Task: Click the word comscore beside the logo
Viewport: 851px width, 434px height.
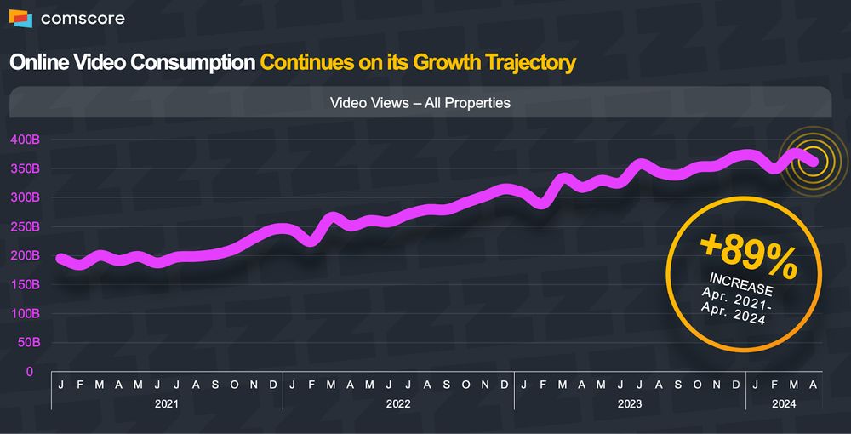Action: [x=75, y=19]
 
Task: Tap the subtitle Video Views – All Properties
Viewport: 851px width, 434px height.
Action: [x=420, y=103]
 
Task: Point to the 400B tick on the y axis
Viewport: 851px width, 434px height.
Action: [x=26, y=140]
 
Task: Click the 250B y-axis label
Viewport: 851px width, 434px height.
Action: [x=26, y=226]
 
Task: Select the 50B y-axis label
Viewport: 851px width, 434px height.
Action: [x=29, y=343]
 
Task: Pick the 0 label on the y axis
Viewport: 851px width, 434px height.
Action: [x=30, y=372]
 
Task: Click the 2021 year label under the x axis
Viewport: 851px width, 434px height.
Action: [x=167, y=404]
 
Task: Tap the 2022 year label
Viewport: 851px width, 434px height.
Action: [x=398, y=404]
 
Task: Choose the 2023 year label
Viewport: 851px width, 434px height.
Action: [x=630, y=404]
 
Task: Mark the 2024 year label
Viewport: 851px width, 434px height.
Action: [x=784, y=404]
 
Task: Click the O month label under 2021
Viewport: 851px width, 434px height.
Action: [x=234, y=385]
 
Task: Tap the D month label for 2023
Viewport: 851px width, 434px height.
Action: [x=735, y=385]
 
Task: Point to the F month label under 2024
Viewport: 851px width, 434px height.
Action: [x=774, y=385]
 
